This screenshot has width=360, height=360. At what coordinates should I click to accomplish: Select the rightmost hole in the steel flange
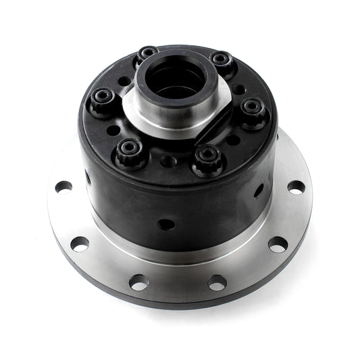pos(296,187)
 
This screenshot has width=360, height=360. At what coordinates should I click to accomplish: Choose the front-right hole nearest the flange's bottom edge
pos(217,282)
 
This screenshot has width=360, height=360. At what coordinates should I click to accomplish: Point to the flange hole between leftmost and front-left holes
pos(80,243)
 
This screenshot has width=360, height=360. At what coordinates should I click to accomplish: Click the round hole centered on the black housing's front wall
pos(164,224)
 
